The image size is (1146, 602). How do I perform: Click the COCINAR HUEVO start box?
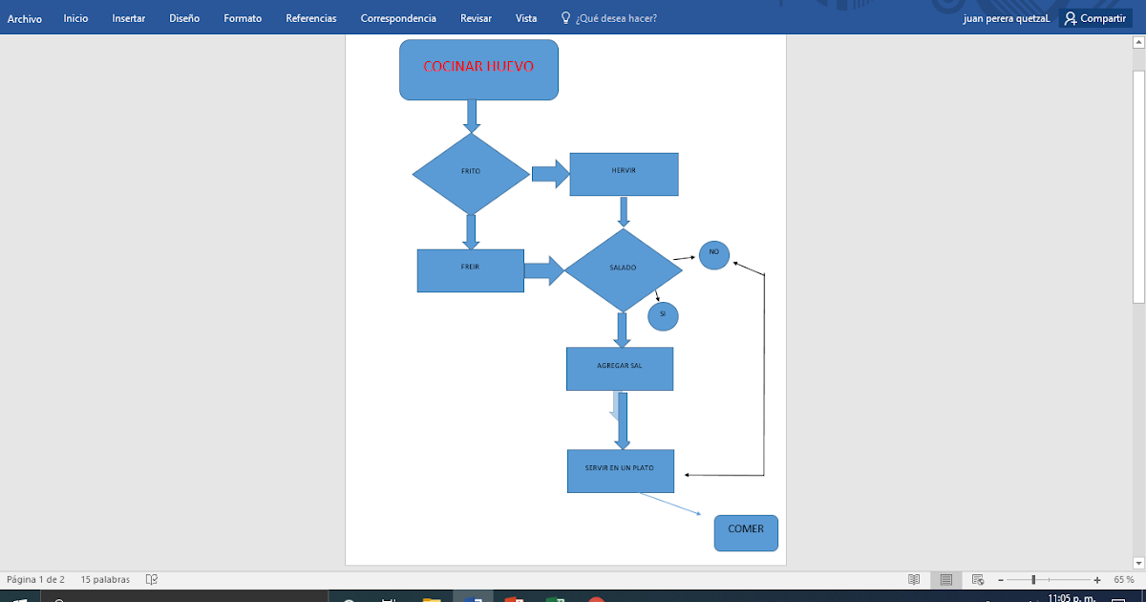click(x=478, y=70)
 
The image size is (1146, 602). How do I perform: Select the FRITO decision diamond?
click(x=470, y=173)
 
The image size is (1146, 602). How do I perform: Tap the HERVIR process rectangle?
click(x=624, y=174)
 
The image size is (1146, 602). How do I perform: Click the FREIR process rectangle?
click(x=470, y=270)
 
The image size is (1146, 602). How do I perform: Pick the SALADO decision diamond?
click(x=623, y=269)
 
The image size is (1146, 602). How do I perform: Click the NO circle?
click(x=713, y=254)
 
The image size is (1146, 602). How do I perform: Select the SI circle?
click(x=663, y=314)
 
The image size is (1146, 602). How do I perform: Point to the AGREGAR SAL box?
click(x=619, y=369)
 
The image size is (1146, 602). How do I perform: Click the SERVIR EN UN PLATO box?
click(x=620, y=470)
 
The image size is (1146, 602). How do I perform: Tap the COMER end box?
click(x=746, y=532)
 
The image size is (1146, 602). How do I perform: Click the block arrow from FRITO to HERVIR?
click(x=549, y=174)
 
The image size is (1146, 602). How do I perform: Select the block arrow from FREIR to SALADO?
click(x=543, y=270)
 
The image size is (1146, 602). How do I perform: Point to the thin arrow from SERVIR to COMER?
click(x=676, y=505)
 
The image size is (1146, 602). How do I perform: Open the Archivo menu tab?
click(x=25, y=18)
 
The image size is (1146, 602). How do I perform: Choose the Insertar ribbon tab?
click(x=129, y=18)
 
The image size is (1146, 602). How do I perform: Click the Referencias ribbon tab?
click(x=310, y=18)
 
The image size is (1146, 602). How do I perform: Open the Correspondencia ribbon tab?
click(x=398, y=18)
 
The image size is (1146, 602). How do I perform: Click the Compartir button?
click(x=1094, y=18)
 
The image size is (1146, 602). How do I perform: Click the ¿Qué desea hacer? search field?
click(x=615, y=18)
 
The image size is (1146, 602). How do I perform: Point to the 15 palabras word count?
click(x=105, y=579)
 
